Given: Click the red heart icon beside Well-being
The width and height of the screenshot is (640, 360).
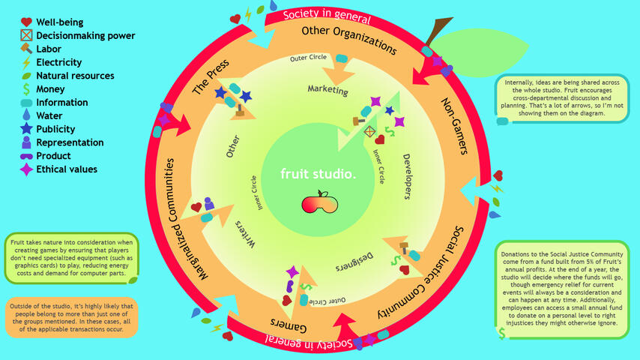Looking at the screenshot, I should point(25,22).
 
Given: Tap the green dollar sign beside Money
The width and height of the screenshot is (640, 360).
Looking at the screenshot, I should point(25,89).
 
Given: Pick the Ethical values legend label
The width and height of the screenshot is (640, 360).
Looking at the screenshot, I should point(67,169).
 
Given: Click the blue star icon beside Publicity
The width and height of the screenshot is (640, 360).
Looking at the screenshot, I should point(25,130).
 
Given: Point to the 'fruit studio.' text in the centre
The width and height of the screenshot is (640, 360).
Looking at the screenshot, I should point(319,174).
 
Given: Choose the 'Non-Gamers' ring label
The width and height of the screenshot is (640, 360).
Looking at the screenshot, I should point(454,125).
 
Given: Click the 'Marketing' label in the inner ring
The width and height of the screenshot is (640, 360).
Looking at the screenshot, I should point(328,91).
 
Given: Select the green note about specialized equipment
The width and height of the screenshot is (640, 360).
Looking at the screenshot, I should point(71,257).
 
